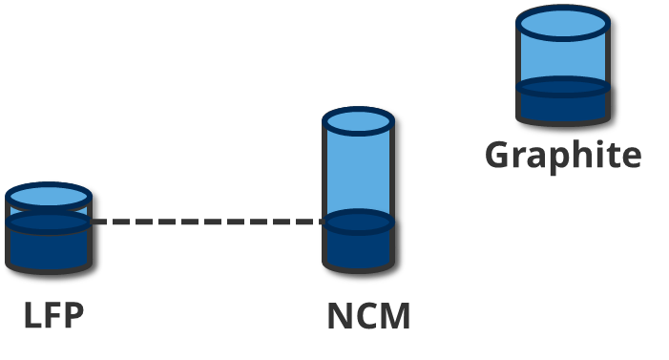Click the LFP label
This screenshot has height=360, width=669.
53,315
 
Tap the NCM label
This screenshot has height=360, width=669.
368,316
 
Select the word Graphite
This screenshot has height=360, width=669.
563,155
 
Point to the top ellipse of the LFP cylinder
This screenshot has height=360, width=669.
48,198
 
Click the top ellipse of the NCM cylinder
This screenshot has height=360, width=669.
358,121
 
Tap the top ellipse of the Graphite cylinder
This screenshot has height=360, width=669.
562,22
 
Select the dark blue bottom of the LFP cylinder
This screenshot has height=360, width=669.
48,246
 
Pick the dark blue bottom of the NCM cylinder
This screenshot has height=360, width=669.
358,246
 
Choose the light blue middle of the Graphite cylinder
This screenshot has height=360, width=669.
562,57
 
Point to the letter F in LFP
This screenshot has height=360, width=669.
53,315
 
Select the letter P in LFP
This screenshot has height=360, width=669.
73,315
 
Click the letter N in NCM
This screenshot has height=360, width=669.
340,316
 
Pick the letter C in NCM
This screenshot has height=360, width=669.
366,316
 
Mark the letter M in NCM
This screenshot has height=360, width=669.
396,316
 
